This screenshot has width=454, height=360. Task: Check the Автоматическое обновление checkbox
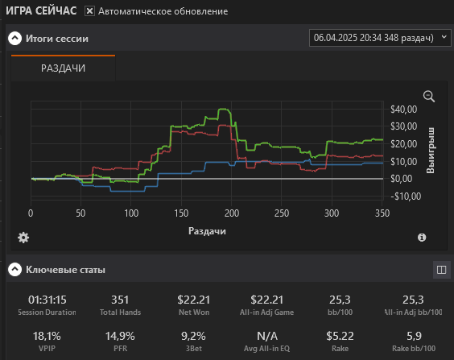pos(89,11)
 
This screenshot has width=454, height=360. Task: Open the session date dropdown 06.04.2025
pos(380,38)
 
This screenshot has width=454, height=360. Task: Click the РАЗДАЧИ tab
pos(63,68)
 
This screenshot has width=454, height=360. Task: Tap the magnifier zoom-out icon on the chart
pos(429,97)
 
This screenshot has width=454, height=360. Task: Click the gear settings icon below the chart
pos(23,238)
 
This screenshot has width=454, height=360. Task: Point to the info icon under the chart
pos(422,238)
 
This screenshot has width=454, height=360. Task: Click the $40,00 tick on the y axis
pos(403,110)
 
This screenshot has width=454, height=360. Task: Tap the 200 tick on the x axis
pos(232,213)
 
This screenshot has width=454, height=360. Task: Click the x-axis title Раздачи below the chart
pos(207,231)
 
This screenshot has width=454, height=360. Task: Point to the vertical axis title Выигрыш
pos(431,150)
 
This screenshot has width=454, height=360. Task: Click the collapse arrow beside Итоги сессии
pos(14,38)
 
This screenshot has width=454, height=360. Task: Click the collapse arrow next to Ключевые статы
pos(14,269)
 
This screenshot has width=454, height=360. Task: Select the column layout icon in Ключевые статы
pos(441,270)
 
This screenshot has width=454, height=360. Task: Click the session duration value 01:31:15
pos(47,300)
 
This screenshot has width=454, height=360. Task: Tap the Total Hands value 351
pos(120,300)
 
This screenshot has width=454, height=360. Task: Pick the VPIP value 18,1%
pos(47,336)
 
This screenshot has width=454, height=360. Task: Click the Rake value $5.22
pos(340,336)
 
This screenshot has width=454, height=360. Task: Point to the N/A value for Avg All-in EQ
pos(267,336)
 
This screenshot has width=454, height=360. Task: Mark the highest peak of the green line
pos(224,110)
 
